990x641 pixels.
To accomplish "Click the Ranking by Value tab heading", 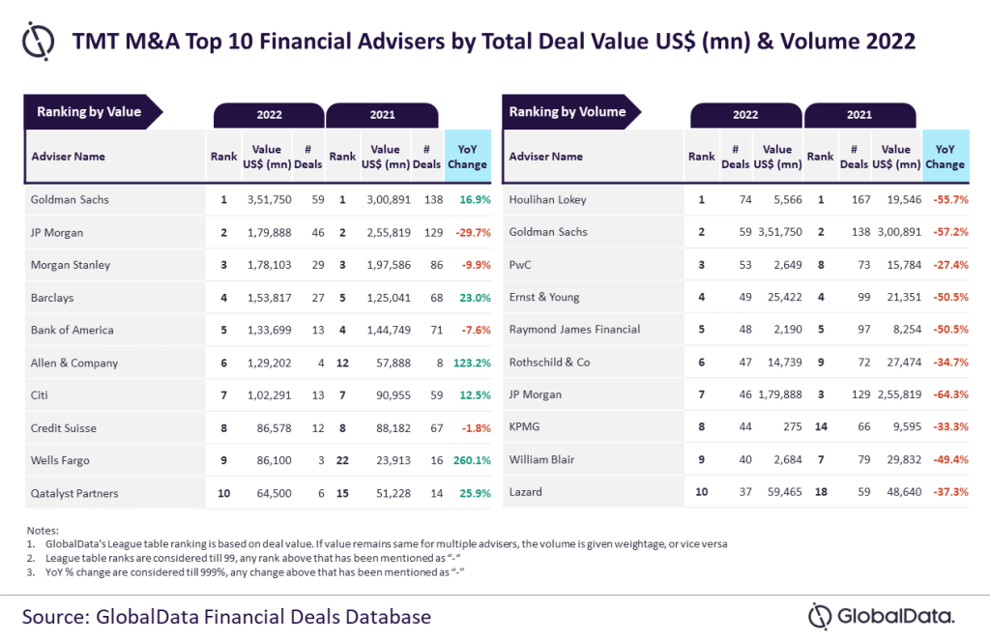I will [x=89, y=112].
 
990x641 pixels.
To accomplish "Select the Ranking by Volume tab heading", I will [x=568, y=112].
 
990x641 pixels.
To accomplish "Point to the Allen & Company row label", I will [x=74, y=363].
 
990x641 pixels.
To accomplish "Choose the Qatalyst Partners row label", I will [x=74, y=493].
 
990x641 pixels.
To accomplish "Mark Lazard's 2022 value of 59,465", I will [x=783, y=493].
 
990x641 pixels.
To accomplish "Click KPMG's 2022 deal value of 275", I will [x=792, y=428].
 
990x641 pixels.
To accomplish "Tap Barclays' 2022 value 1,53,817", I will [x=268, y=298].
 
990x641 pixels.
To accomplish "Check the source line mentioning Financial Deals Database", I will [x=225, y=616].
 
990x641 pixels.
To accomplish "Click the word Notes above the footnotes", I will [x=43, y=531].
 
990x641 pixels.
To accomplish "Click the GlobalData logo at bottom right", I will [x=882, y=616].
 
